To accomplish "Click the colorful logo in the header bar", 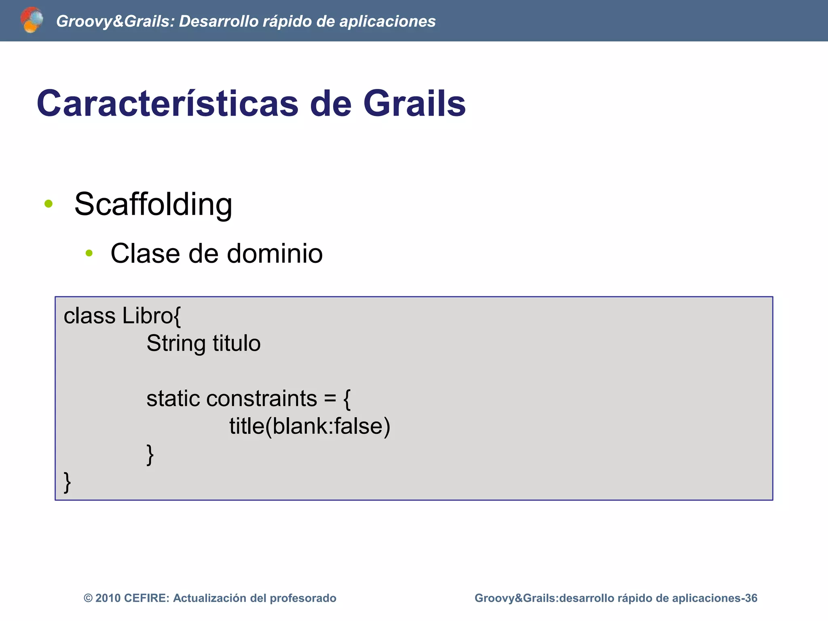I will tap(32, 20).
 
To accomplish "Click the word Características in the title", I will tap(167, 103).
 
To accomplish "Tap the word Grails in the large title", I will tap(414, 103).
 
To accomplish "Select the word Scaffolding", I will tap(153, 204).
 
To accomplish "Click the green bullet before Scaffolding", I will tap(49, 204).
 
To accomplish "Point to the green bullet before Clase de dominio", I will tap(89, 253).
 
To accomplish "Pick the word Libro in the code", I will tap(148, 316).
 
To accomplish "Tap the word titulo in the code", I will tap(237, 343).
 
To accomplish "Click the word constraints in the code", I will tap(262, 399).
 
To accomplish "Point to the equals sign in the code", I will tap(330, 399).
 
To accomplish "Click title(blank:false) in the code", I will tap(309, 426).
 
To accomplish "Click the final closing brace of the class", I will tap(68, 482).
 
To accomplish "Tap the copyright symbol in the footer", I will tap(88, 598).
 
